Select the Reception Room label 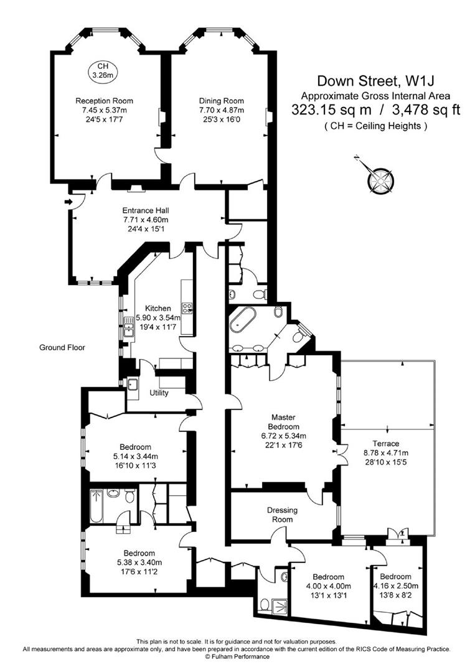(x=104, y=101)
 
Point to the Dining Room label (x=221, y=101)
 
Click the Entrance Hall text (x=145, y=210)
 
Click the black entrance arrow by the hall (x=68, y=202)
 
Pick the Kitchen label (x=158, y=308)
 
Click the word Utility (x=159, y=393)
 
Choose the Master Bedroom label (x=283, y=422)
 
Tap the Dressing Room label (x=282, y=515)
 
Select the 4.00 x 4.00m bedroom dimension (x=328, y=586)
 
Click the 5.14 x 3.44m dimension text (x=136, y=456)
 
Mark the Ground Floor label (x=62, y=348)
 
